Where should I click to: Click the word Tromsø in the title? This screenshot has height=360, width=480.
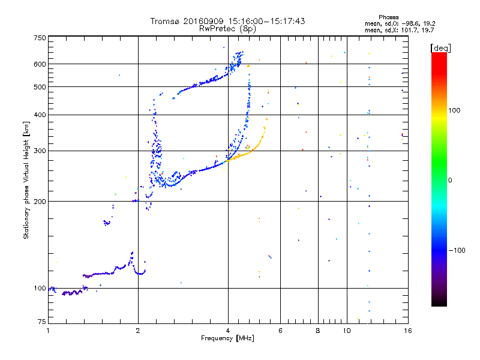[165, 21]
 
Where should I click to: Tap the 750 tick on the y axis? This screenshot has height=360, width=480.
[40, 38]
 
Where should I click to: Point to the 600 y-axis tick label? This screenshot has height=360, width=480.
[40, 64]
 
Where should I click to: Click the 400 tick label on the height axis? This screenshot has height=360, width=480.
[40, 115]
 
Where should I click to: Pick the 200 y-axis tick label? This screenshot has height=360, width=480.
[40, 202]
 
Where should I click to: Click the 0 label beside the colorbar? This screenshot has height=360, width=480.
[451, 180]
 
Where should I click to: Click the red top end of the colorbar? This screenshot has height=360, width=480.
[439, 55]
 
